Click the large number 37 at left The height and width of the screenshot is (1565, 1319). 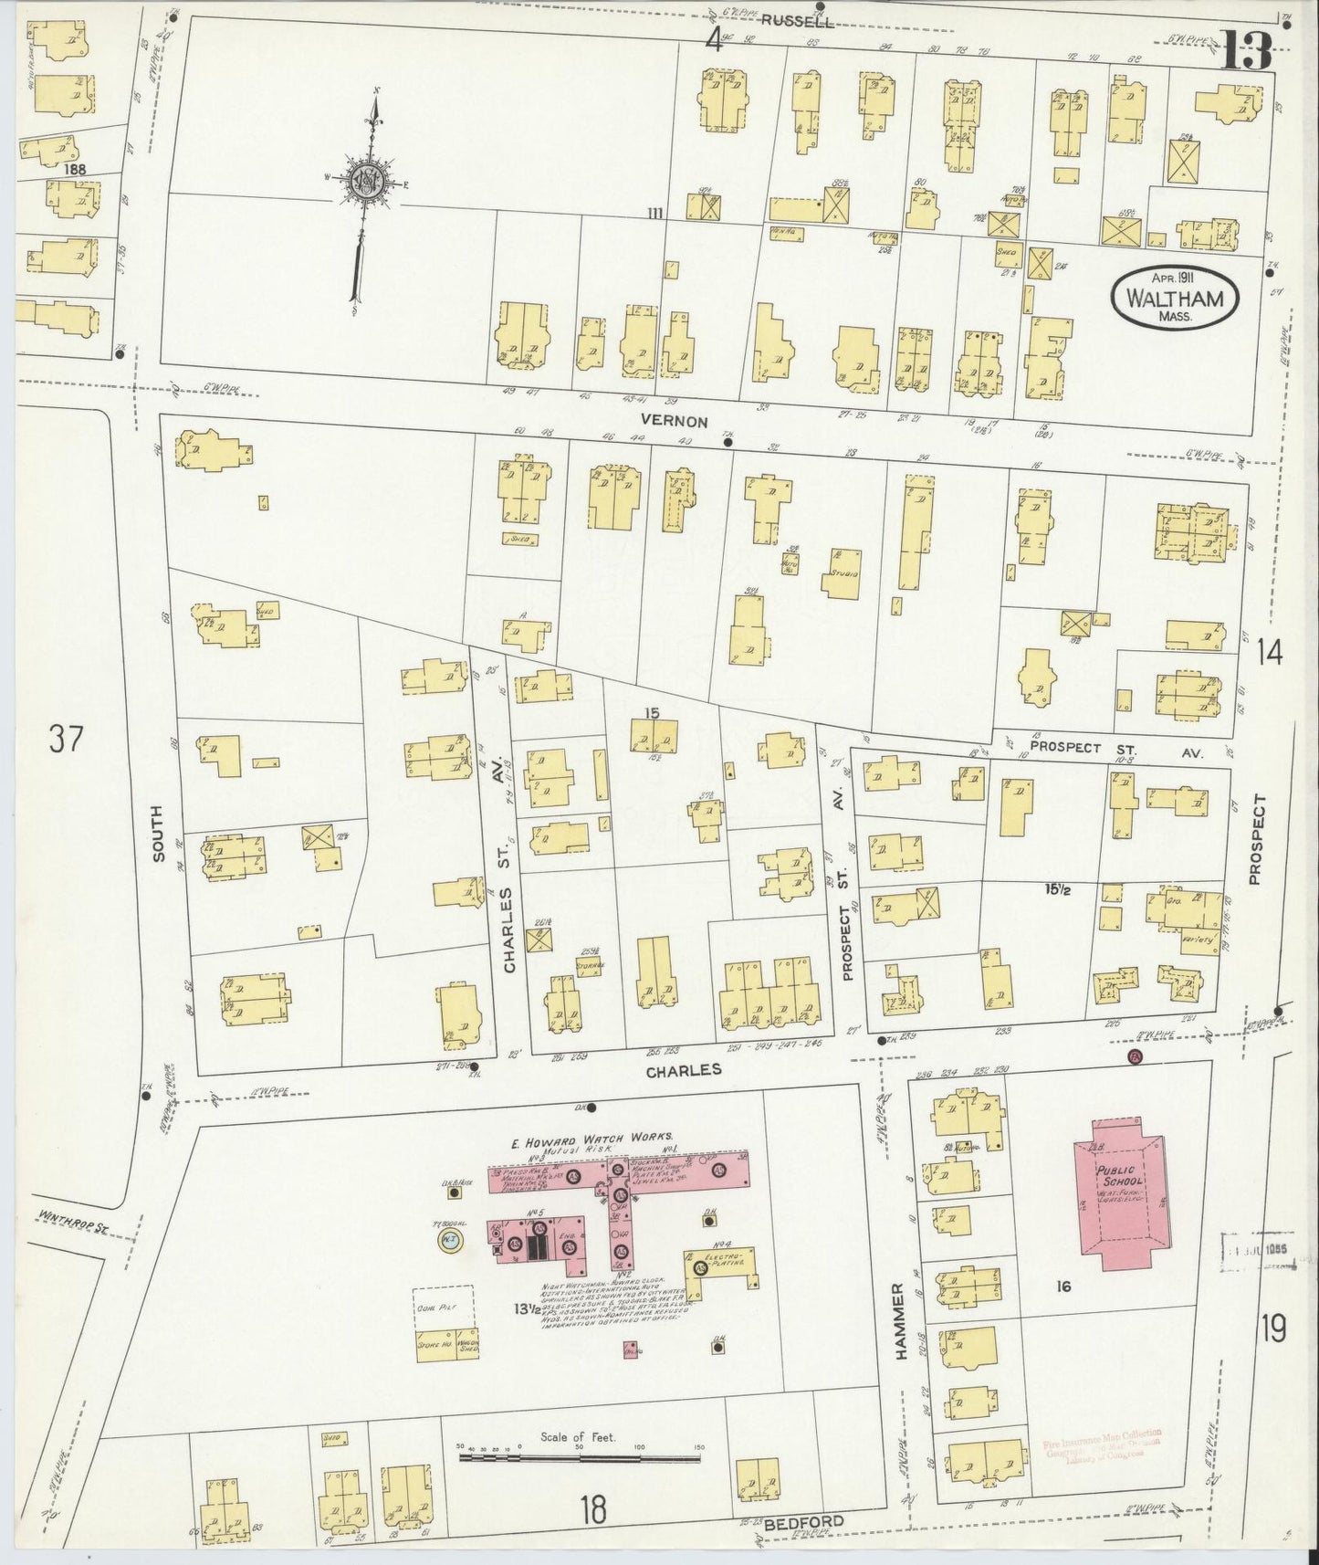tap(65, 739)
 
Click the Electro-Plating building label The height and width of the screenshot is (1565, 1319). tap(734, 1260)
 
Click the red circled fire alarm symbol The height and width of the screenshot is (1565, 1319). tap(1135, 1057)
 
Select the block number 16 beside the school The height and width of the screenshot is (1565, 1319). tap(1063, 1287)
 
